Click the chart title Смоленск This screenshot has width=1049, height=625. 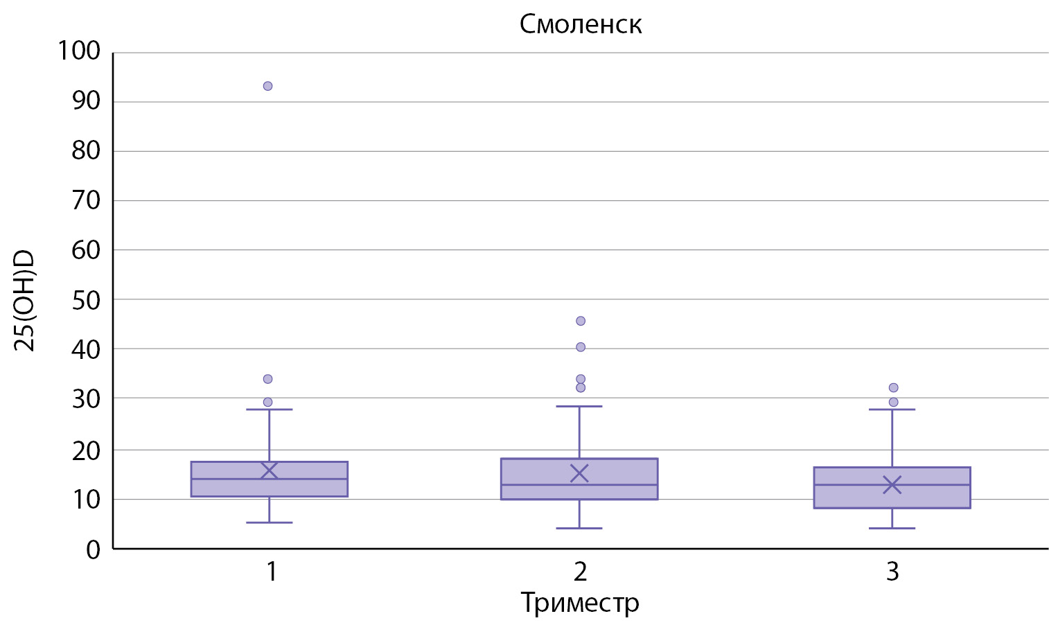(581, 25)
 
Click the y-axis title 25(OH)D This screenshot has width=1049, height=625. (25, 301)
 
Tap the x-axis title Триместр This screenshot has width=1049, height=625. (580, 602)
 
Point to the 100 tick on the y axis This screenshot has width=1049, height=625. (79, 51)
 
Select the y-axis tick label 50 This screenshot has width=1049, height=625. (86, 301)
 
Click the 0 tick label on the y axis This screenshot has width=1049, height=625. (93, 550)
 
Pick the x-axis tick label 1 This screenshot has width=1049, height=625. (272, 572)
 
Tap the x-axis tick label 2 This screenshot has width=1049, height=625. (580, 572)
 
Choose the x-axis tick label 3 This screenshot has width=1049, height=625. (892, 572)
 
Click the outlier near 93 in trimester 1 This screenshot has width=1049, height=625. (267, 86)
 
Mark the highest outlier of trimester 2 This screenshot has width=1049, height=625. (581, 321)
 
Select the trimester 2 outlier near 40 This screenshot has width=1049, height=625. (581, 346)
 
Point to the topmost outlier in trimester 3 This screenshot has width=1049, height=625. (893, 387)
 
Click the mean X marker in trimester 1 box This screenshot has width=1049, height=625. (269, 470)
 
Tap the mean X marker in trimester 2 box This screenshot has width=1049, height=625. (579, 473)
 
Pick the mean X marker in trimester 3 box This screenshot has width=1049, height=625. (892, 484)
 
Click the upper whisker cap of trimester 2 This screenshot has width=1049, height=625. (579, 406)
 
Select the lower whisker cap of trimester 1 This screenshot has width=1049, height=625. (269, 522)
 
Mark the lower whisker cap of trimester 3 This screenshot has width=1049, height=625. (892, 528)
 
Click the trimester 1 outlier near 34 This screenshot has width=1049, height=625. (267, 379)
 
